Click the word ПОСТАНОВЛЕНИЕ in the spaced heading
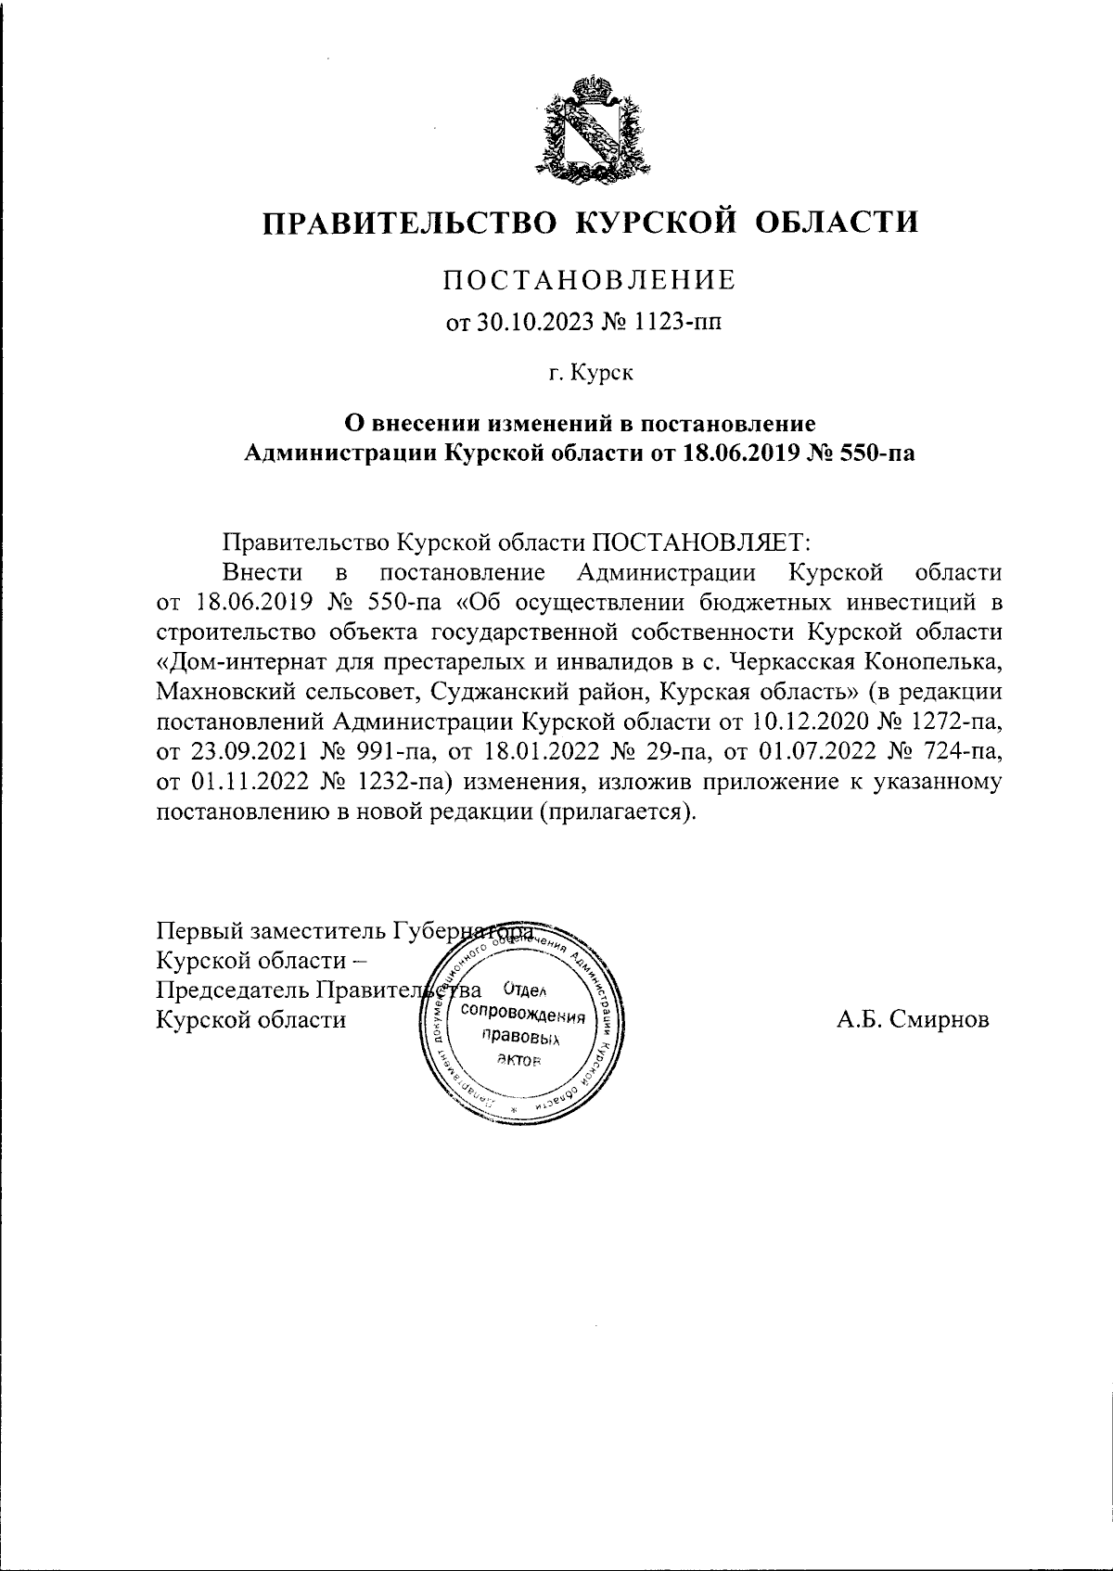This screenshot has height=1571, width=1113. [590, 278]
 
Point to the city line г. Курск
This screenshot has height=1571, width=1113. [590, 374]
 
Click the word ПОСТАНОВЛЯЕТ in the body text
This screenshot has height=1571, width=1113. [701, 542]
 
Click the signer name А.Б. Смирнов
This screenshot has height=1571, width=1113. [913, 1019]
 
